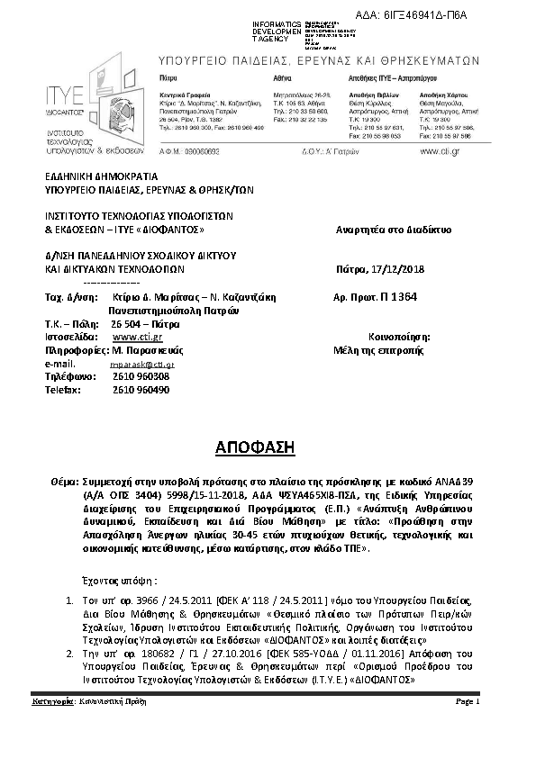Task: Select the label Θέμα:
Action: pos(66,483)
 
